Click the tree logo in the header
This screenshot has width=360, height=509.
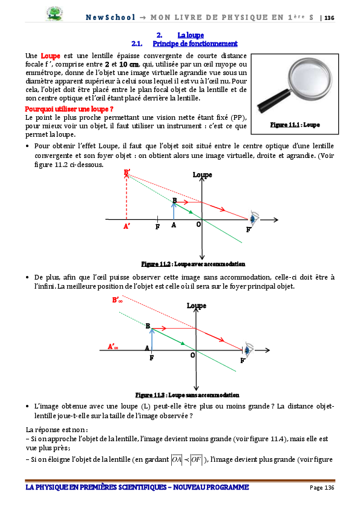tap(54, 14)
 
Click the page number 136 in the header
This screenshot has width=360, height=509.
tap(329, 18)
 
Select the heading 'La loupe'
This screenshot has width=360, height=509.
tap(191, 35)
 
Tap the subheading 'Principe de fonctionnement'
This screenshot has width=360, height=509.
tap(195, 44)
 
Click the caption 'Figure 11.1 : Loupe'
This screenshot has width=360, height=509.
tap(295, 125)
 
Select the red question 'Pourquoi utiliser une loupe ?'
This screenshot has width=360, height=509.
tap(69, 109)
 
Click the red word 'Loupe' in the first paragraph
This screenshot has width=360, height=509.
tap(50, 56)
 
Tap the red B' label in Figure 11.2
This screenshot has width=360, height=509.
tap(127, 172)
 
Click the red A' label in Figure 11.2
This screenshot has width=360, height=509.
tap(126, 226)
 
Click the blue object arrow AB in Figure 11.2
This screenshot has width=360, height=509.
tap(174, 211)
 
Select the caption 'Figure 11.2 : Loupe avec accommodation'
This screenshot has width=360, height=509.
tap(193, 264)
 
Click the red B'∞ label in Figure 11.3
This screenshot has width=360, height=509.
tap(117, 300)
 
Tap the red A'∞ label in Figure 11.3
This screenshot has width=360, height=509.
tap(113, 347)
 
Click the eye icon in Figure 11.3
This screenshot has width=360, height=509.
tap(249, 349)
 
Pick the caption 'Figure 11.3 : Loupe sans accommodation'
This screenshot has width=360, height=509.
tap(188, 395)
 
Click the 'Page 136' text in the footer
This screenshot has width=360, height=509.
tap(322, 488)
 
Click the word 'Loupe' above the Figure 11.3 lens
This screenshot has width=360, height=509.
tap(197, 306)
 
